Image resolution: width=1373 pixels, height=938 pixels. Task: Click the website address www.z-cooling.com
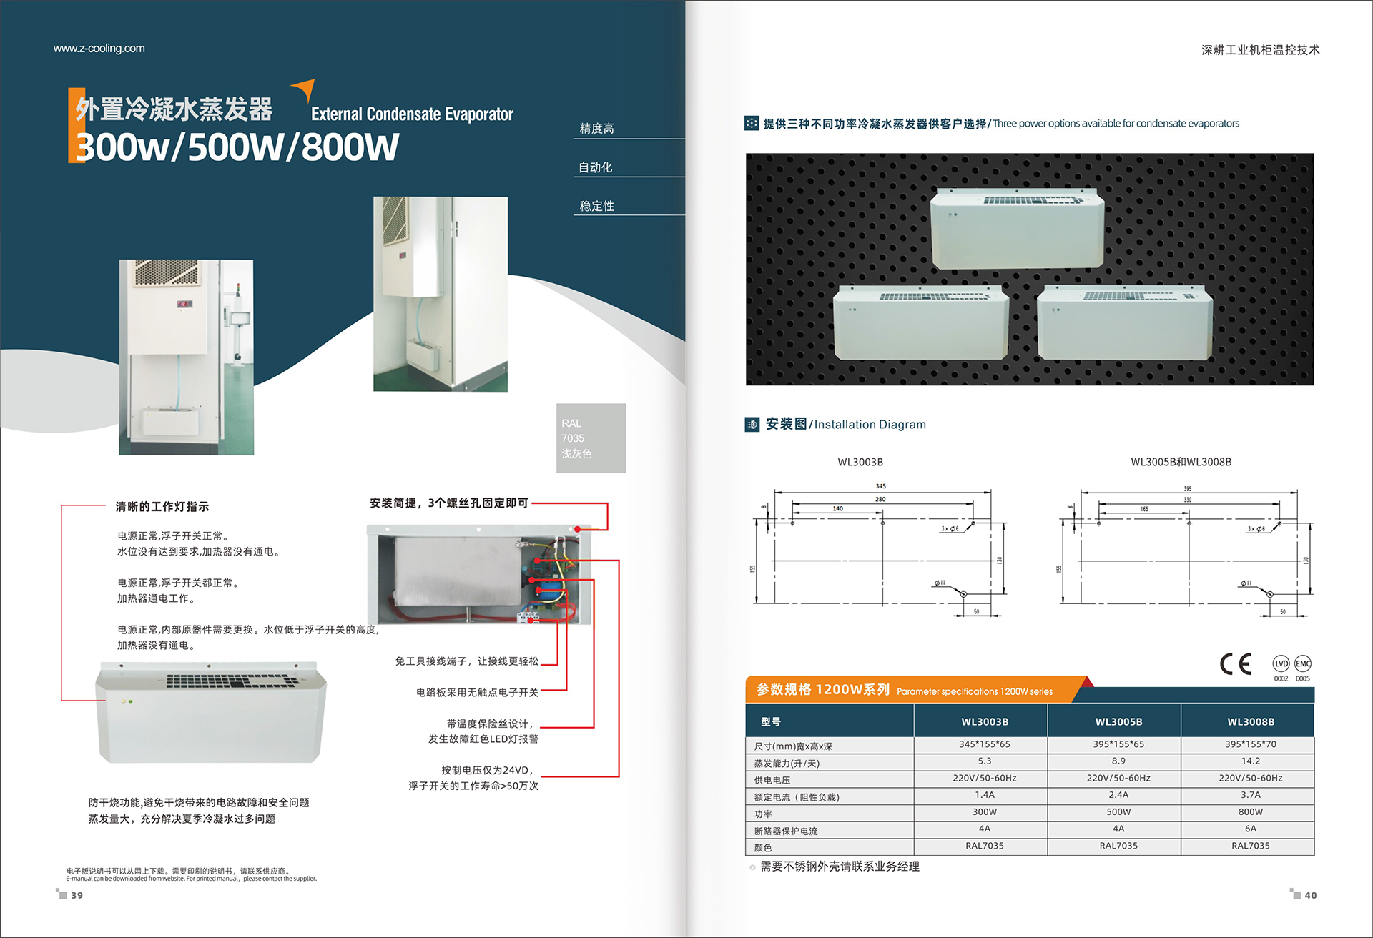click(x=99, y=49)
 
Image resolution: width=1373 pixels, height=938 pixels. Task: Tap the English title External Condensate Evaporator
click(x=412, y=114)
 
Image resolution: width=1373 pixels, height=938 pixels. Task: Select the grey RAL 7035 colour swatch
click(x=591, y=438)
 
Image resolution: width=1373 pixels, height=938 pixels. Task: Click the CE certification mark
click(x=1236, y=664)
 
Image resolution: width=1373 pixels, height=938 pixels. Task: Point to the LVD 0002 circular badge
click(x=1281, y=664)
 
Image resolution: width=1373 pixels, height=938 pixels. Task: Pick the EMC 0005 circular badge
click(x=1303, y=664)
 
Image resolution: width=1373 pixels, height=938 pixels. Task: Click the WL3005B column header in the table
click(x=1118, y=722)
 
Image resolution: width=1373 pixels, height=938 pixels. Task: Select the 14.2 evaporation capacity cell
click(x=1251, y=761)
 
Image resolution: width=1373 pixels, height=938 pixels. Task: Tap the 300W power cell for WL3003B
click(x=985, y=812)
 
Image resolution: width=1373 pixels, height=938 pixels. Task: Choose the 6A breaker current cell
click(x=1251, y=829)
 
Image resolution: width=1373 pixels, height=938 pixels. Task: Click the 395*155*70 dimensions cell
click(x=1251, y=744)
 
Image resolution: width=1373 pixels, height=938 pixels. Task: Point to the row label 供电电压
click(x=772, y=781)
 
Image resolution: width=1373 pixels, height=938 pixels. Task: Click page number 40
click(x=1310, y=895)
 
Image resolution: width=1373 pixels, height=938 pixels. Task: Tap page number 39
click(x=77, y=895)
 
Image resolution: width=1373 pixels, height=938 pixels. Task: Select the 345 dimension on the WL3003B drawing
click(x=881, y=486)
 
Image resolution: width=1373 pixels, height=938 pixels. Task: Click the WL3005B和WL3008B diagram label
click(x=1181, y=462)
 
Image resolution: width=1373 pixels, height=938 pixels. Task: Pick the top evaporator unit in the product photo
click(x=1016, y=229)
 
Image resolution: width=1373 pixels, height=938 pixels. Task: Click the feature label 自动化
click(x=596, y=167)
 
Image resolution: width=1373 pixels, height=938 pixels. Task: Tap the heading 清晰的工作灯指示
click(x=162, y=507)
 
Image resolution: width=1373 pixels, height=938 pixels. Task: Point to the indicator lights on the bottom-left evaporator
click(x=127, y=701)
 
